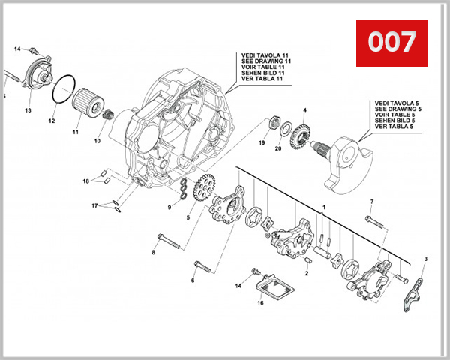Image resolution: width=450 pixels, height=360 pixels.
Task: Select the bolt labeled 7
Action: (x=376, y=220)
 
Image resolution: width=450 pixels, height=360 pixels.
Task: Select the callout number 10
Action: (x=97, y=141)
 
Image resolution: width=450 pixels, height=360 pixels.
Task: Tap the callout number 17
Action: (x=95, y=205)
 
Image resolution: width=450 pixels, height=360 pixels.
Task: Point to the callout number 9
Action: (x=170, y=207)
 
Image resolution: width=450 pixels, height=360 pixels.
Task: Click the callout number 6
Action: (x=192, y=280)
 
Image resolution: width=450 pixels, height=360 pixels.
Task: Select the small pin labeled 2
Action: (x=309, y=259)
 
